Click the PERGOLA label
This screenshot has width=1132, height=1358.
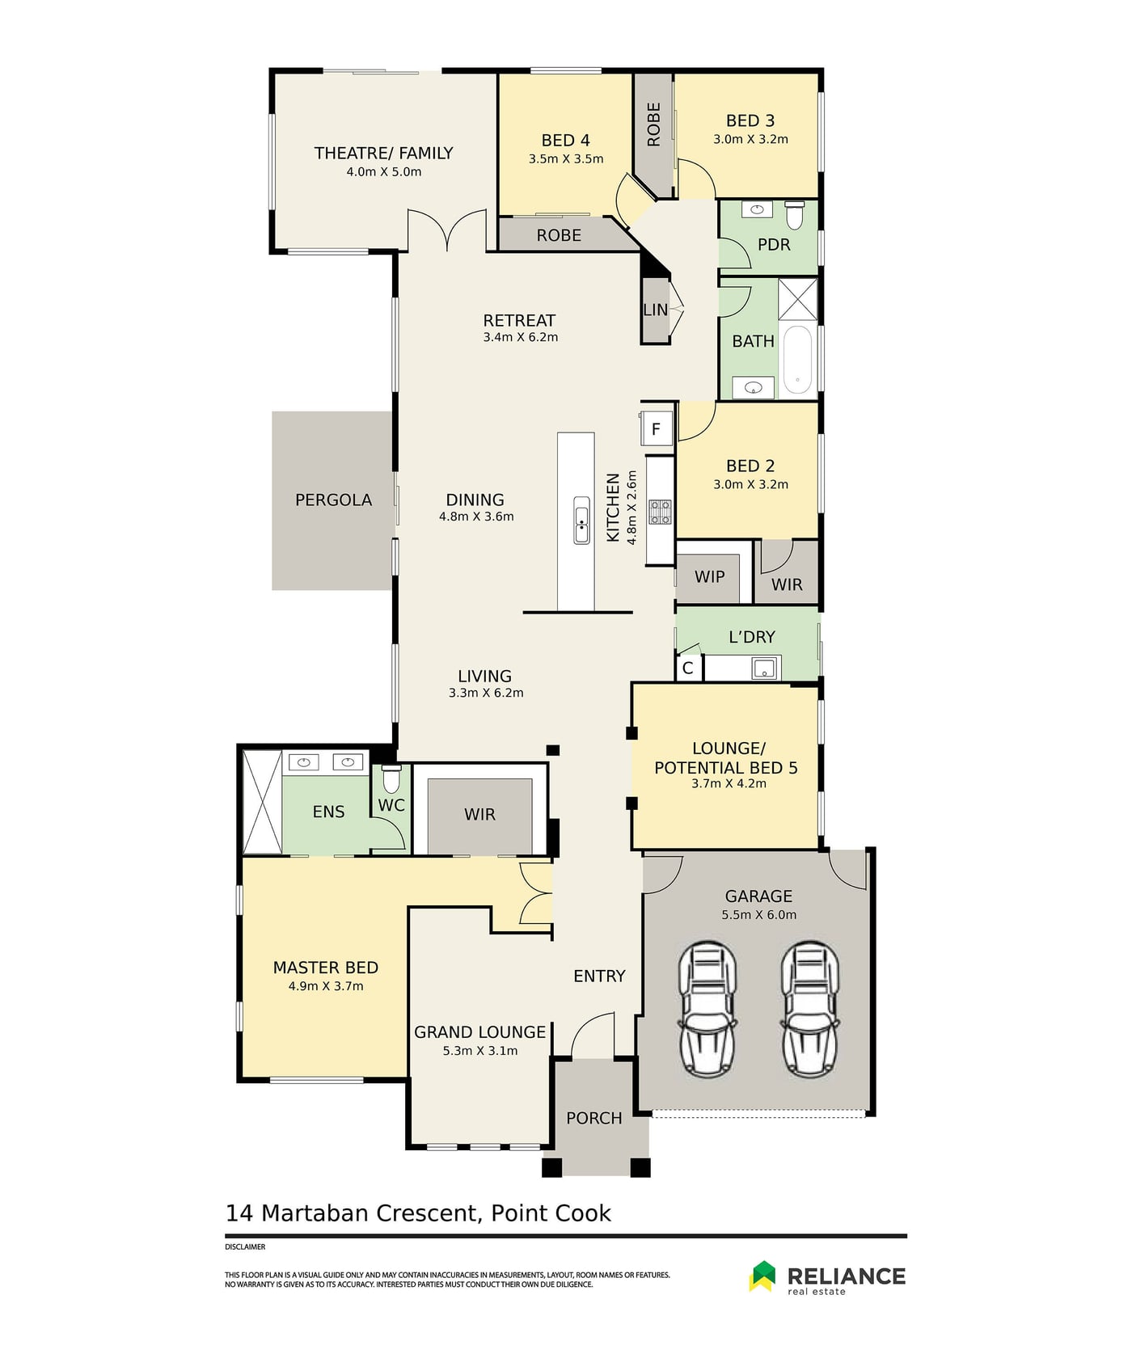pos(333,500)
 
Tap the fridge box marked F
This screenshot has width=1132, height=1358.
pos(657,428)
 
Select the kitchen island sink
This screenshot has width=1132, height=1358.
pos(581,521)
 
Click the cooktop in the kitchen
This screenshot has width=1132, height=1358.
pos(661,512)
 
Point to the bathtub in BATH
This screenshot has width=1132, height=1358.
pos(798,360)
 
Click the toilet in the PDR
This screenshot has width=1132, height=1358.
pos(794,214)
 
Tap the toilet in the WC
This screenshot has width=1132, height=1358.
pos(391,778)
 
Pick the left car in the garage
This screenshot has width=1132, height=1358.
pos(707,1008)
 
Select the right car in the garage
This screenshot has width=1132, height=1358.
pos(810,1008)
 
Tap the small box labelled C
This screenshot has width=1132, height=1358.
pos(688,668)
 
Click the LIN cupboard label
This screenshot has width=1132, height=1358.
pos(656,310)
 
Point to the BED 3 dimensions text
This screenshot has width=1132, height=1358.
pos(750,139)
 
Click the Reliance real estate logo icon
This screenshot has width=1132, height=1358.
pos(762,1276)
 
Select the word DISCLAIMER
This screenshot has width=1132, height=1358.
pos(245,1247)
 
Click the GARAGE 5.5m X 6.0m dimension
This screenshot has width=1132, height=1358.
pos(759,915)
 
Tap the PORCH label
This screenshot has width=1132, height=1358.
pos(594,1118)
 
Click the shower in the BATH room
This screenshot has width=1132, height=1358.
pos(798,299)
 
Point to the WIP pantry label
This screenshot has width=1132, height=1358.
pos(710,577)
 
